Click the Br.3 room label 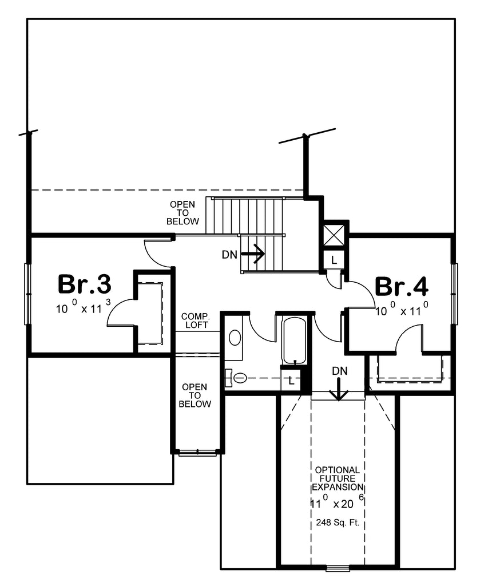click(x=84, y=284)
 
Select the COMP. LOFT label click(x=195, y=320)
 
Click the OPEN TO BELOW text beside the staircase click(x=183, y=212)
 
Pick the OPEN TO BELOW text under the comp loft click(x=195, y=395)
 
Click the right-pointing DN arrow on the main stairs click(x=252, y=253)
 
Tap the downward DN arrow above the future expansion click(x=339, y=391)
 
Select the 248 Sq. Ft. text click(x=338, y=522)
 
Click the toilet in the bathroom click(x=237, y=378)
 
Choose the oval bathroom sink click(x=235, y=337)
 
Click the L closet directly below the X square click(x=334, y=259)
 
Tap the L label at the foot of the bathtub click(x=292, y=380)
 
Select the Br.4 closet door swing click(x=408, y=338)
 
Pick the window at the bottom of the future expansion click(x=337, y=568)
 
